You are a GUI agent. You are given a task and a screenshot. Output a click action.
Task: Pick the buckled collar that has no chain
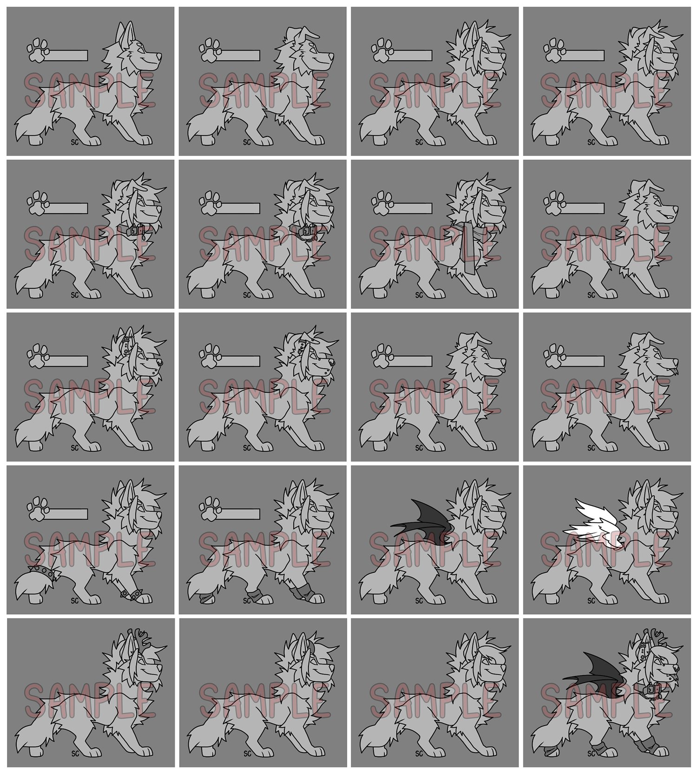[x=133, y=229]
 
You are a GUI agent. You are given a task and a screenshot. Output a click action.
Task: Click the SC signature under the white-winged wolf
[x=591, y=600]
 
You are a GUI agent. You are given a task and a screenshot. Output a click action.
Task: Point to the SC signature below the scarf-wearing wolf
[x=418, y=294]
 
